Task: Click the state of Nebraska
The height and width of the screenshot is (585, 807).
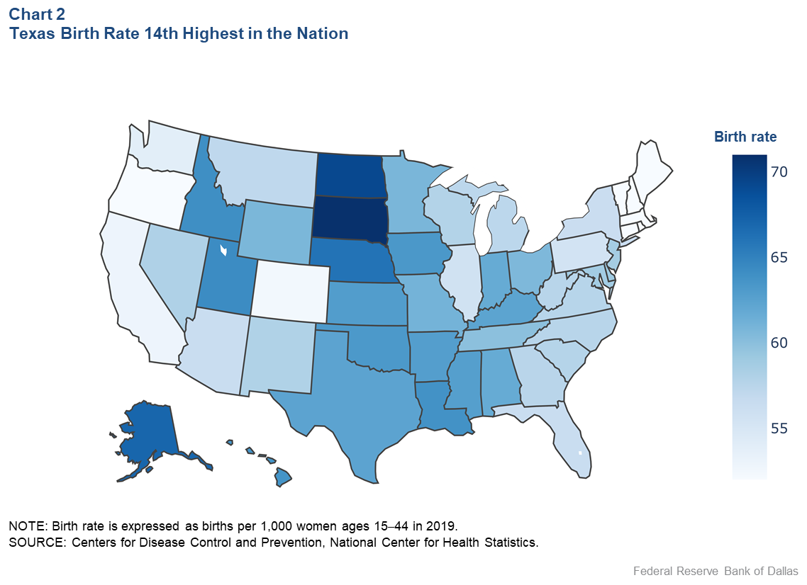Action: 351,259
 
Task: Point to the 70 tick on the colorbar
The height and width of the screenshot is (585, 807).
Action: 783,171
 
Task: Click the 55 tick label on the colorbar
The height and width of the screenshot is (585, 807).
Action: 783,428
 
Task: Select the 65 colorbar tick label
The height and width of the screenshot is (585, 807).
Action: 783,257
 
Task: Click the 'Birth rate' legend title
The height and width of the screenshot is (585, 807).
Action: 745,137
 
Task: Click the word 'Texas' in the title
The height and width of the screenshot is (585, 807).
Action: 32,33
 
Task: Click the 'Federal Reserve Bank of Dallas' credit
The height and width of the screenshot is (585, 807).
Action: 716,571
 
